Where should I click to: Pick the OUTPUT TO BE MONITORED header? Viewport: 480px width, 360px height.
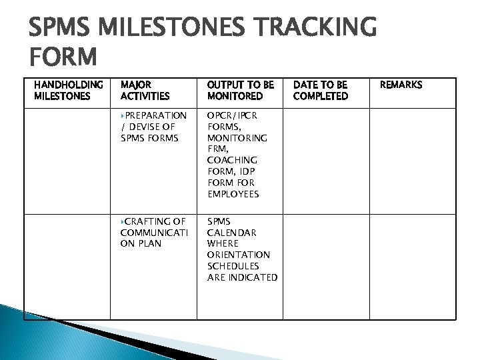pyautogui.click(x=240, y=90)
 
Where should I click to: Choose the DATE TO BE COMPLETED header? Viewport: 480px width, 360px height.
pyautogui.click(x=320, y=90)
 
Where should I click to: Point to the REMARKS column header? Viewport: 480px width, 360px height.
pyautogui.click(x=401, y=85)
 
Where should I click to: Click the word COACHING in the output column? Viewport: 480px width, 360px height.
pyautogui.click(x=232, y=160)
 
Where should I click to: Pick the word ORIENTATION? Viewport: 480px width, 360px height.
pyautogui.click(x=239, y=255)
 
